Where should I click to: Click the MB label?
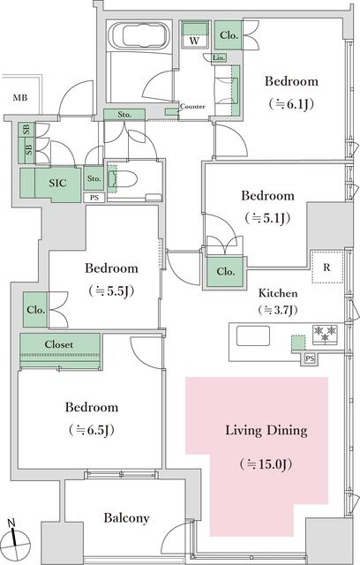pyautogui.click(x=20, y=98)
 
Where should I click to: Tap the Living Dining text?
pyautogui.click(x=266, y=431)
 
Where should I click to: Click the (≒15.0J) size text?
pyautogui.click(x=266, y=463)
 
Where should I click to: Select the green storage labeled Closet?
pyautogui.click(x=59, y=344)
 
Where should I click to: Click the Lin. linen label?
pyautogui.click(x=219, y=58)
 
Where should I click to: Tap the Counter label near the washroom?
pyautogui.click(x=192, y=107)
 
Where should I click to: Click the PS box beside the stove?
pyautogui.click(x=309, y=358)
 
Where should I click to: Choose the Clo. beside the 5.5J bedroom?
pyautogui.click(x=35, y=310)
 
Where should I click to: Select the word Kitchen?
pyautogui.click(x=277, y=292)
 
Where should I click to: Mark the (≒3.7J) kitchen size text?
pyautogui.click(x=277, y=310)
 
